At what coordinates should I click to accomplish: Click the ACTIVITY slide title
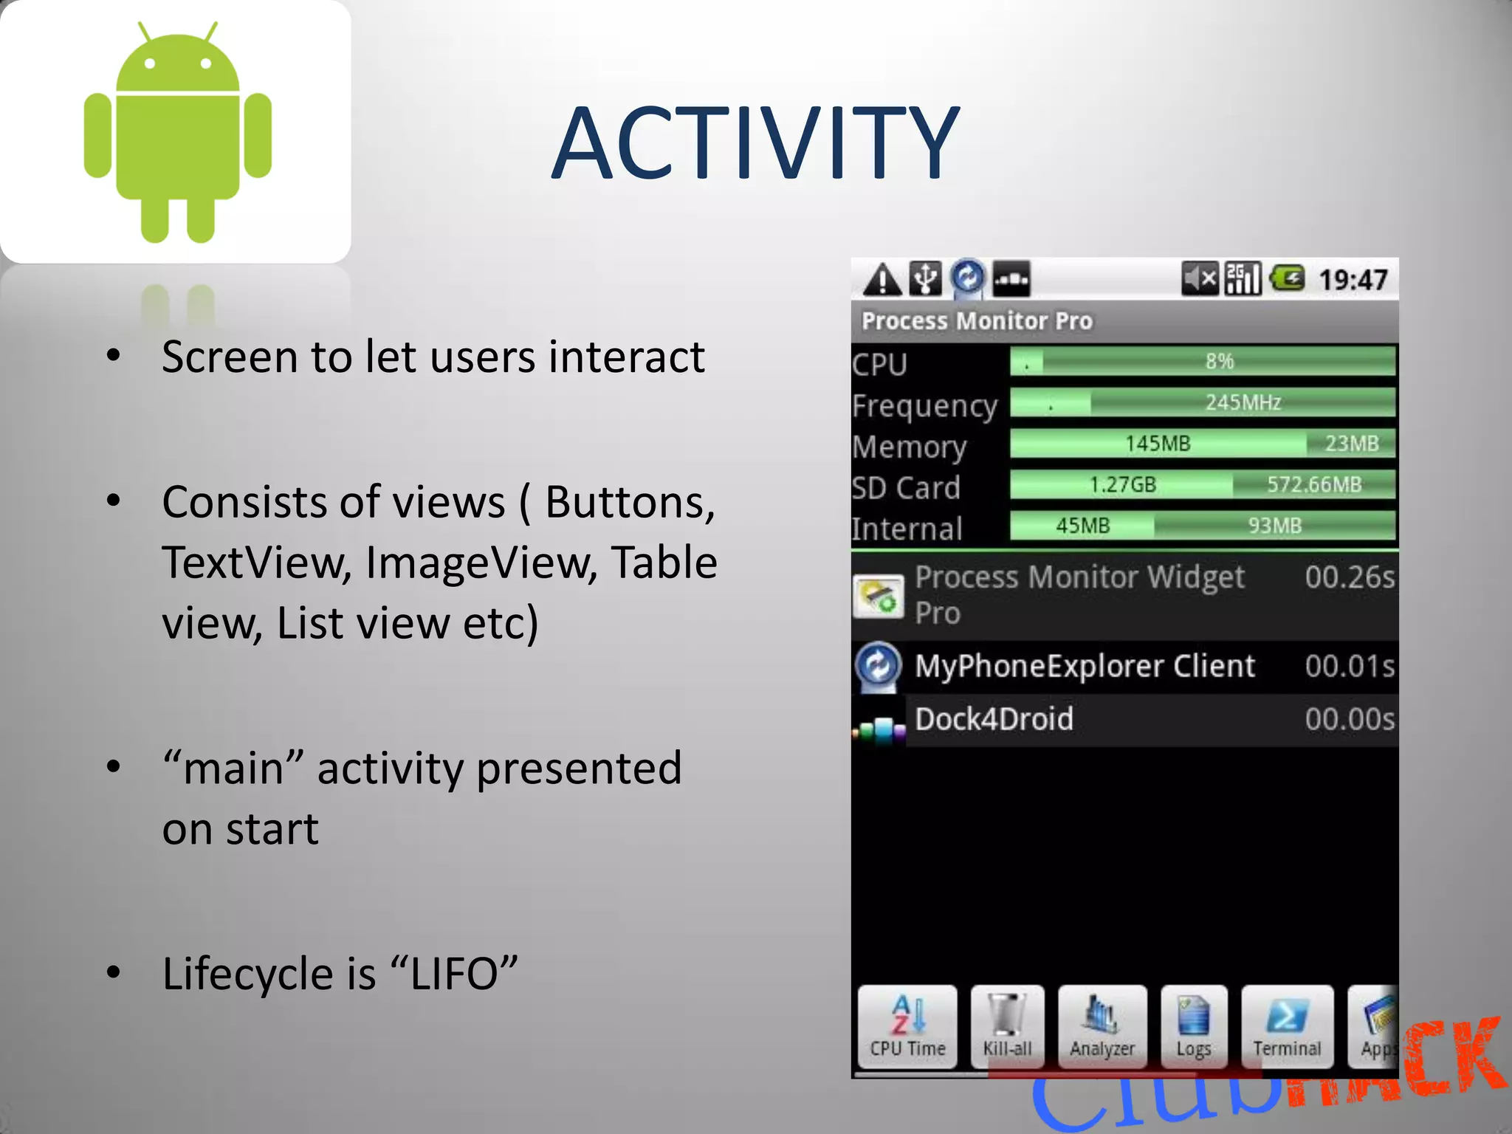(x=755, y=143)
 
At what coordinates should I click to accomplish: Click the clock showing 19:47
(x=1353, y=280)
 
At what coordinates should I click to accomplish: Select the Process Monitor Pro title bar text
(x=977, y=321)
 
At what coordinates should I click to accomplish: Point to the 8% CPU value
(x=1219, y=361)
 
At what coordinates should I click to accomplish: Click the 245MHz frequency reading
(x=1243, y=402)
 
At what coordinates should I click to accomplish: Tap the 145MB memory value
(x=1157, y=443)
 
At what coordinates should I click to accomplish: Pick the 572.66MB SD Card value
(x=1313, y=484)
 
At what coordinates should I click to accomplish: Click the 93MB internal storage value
(x=1274, y=526)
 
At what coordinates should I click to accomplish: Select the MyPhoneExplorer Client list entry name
(x=1084, y=667)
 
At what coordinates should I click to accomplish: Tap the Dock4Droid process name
(x=994, y=719)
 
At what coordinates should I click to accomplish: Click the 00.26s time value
(x=1349, y=577)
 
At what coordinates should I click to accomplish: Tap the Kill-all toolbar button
(x=1007, y=1027)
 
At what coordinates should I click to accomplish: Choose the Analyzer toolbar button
(x=1102, y=1027)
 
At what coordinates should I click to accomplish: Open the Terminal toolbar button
(x=1287, y=1027)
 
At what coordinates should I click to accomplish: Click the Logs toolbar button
(x=1194, y=1027)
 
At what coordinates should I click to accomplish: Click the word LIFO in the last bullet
(x=453, y=974)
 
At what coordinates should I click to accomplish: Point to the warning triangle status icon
(x=882, y=281)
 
